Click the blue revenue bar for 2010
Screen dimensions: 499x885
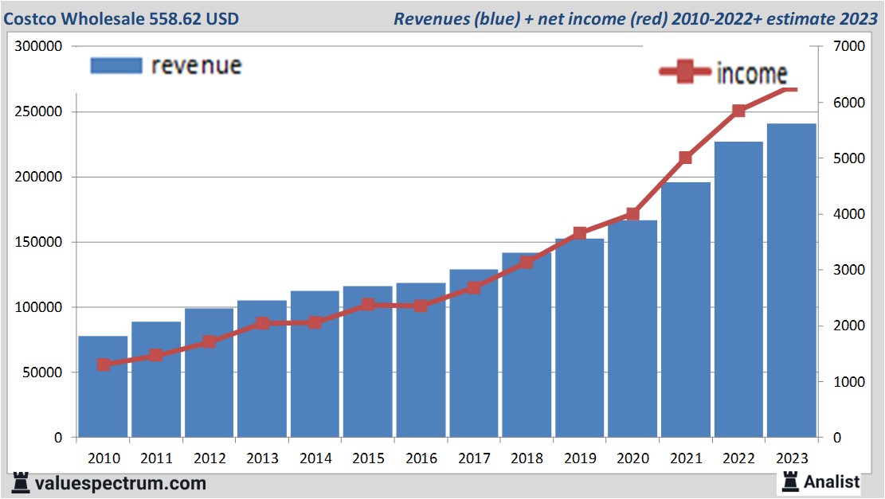[x=103, y=398]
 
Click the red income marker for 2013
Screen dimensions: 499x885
[x=262, y=323]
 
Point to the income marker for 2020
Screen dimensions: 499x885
[x=632, y=214]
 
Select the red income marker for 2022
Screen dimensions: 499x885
[x=738, y=111]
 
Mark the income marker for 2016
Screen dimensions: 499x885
[x=421, y=305]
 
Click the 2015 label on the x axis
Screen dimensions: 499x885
[x=368, y=458]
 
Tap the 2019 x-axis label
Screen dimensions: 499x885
[x=579, y=458]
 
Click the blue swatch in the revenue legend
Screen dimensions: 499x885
[x=116, y=65]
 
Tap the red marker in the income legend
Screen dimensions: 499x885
[x=684, y=73]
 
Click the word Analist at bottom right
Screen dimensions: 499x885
[x=832, y=481]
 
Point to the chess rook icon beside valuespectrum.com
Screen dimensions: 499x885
[x=21, y=482]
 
